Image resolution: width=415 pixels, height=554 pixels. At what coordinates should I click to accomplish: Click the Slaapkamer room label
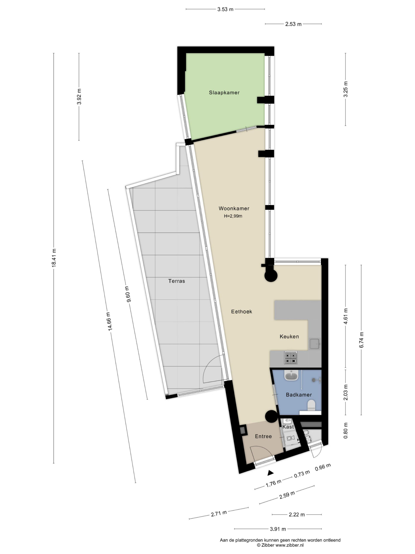click(x=224, y=93)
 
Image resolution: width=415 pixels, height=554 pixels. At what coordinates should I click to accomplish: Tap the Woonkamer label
click(x=234, y=208)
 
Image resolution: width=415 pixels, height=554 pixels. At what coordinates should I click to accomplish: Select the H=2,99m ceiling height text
click(x=233, y=216)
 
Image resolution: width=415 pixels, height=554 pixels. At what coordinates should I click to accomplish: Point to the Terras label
click(x=177, y=281)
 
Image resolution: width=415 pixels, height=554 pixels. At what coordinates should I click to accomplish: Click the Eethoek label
click(x=241, y=312)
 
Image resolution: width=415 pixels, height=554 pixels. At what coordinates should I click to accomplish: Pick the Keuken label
click(x=289, y=336)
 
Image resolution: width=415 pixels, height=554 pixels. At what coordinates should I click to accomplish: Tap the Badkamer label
click(x=299, y=395)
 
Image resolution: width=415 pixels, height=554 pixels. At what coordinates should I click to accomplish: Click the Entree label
click(x=263, y=436)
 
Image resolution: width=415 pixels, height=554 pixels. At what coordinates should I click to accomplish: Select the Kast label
click(x=288, y=427)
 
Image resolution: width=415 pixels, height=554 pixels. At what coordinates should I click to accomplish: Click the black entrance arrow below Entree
click(x=270, y=473)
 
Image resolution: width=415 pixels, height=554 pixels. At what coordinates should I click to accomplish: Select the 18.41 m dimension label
click(x=54, y=258)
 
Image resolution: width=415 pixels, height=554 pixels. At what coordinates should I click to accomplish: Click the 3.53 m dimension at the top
click(x=225, y=9)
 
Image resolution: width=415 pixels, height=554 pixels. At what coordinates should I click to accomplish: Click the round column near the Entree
click(x=271, y=417)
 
